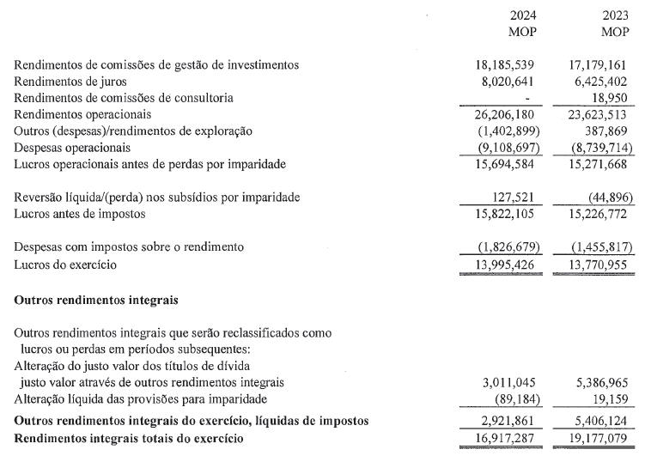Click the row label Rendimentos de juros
click(70, 82)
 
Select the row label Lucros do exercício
click(65, 264)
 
